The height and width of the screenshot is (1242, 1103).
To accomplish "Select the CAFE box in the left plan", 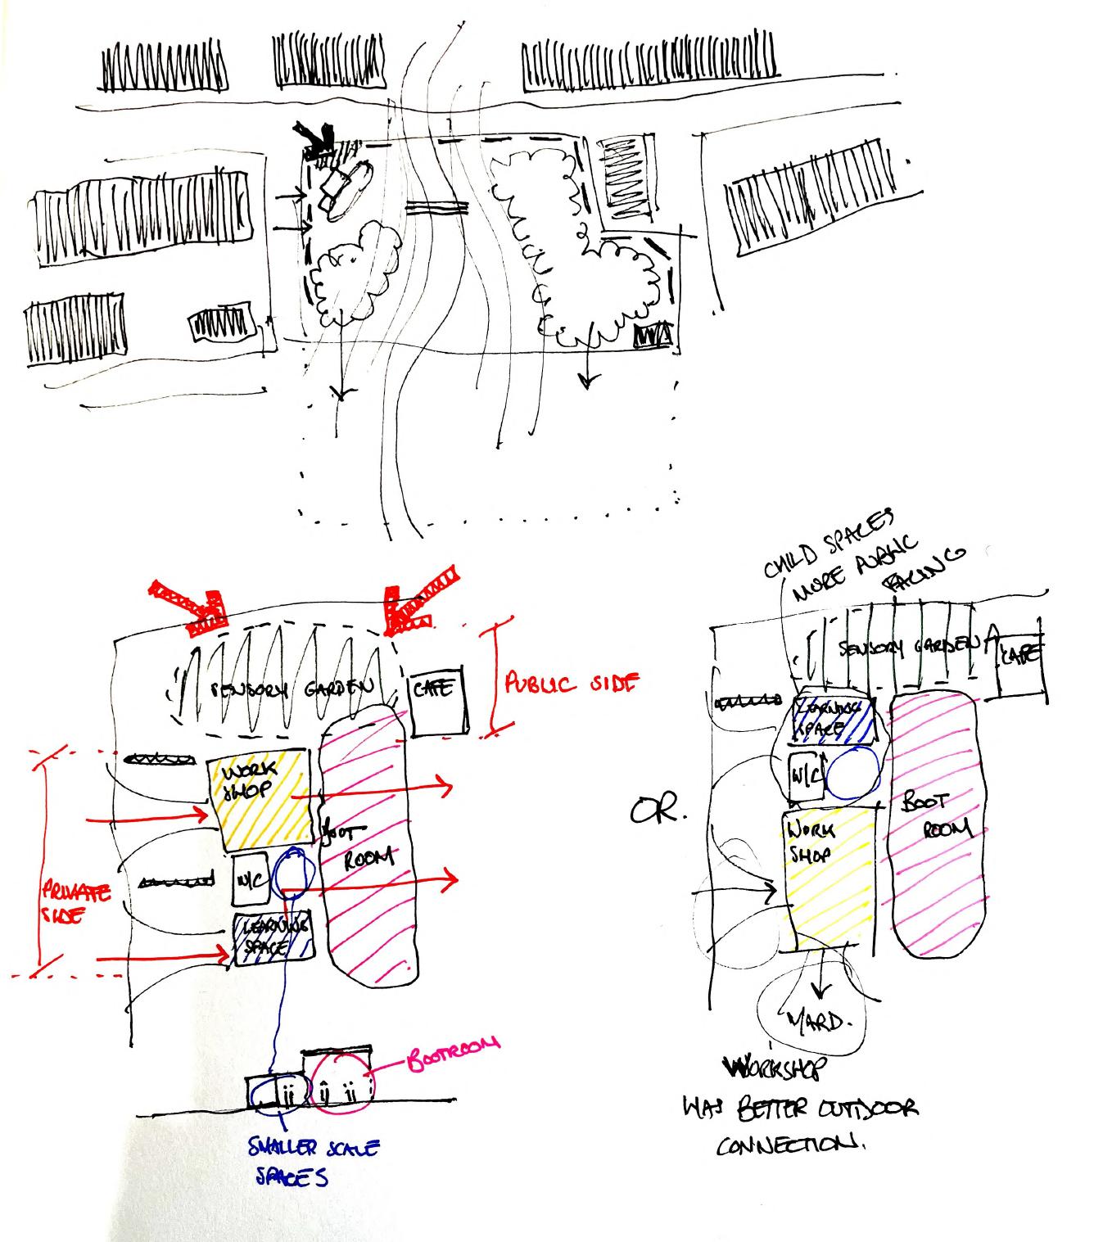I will [438, 702].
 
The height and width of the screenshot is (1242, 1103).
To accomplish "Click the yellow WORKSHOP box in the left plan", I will [259, 800].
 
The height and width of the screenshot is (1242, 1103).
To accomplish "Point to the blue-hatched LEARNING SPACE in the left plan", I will [272, 937].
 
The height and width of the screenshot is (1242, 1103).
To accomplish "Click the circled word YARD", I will [815, 1019].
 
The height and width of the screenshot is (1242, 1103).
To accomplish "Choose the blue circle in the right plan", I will [852, 774].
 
